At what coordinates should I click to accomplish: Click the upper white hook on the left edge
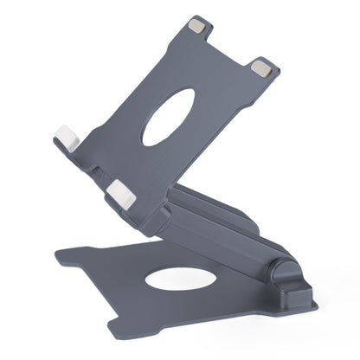[67, 138]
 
